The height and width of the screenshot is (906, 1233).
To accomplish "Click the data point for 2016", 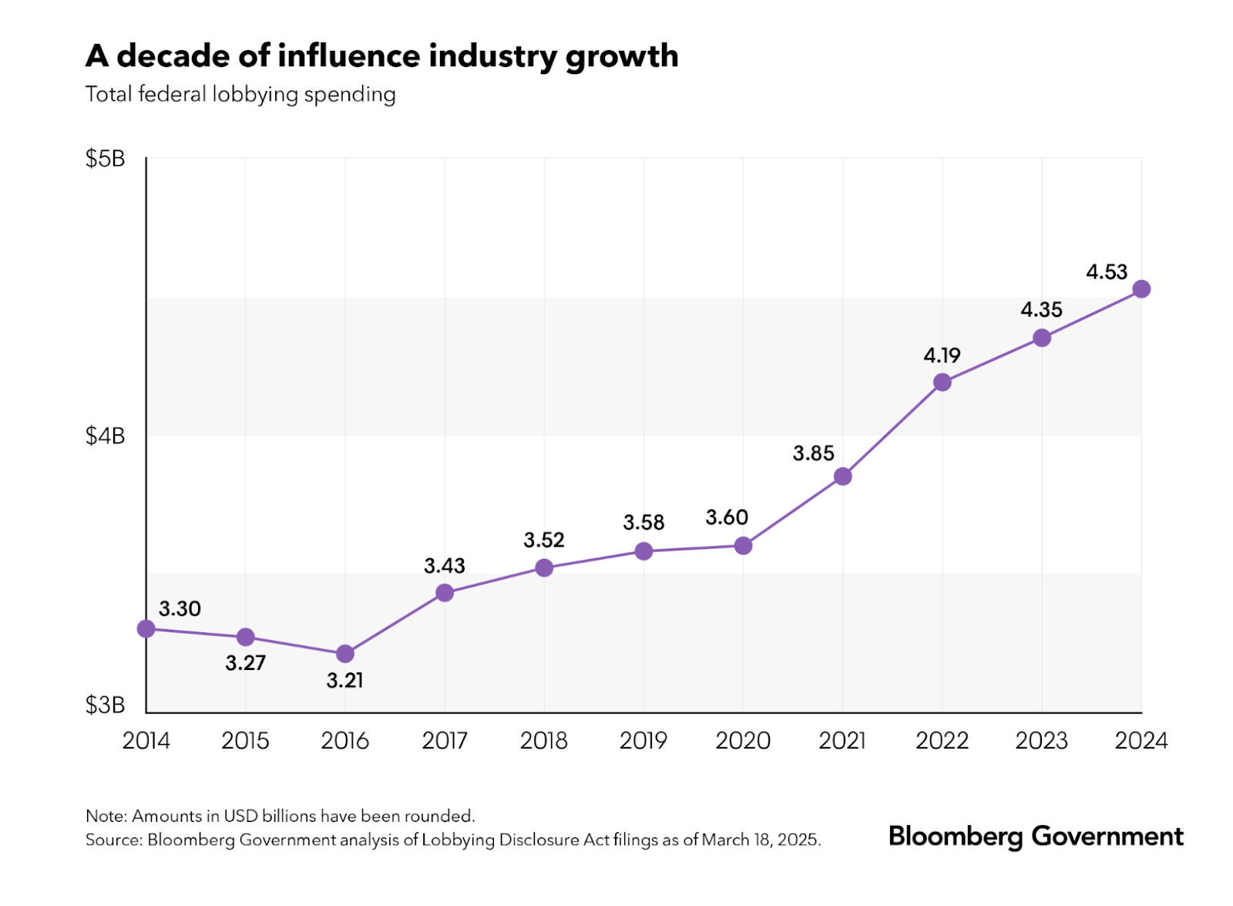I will click(345, 654).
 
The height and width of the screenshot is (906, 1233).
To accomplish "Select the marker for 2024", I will click(1141, 289).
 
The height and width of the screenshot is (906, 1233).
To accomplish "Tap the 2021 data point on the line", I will click(843, 477).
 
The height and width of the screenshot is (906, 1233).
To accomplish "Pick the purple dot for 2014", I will click(146, 629).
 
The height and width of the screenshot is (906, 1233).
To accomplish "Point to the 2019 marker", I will click(643, 551).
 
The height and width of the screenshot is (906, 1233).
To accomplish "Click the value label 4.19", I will click(942, 355).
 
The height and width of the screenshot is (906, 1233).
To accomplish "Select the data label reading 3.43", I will click(445, 566).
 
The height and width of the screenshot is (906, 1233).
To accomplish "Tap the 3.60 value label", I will click(727, 517).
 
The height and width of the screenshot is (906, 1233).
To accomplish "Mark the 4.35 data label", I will click(1041, 310).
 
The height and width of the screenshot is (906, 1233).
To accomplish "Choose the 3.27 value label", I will click(245, 663).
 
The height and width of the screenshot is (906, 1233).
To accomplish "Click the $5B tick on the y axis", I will click(105, 159).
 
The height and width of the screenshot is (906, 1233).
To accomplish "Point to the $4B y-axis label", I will click(105, 436).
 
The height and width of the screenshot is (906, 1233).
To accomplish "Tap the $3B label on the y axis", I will click(105, 705).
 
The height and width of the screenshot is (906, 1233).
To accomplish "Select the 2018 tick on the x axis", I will click(544, 741).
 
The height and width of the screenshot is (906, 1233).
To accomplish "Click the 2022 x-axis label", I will click(942, 741).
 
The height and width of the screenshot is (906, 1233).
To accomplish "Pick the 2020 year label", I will click(743, 741).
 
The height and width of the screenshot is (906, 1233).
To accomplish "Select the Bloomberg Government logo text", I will click(1036, 837).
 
